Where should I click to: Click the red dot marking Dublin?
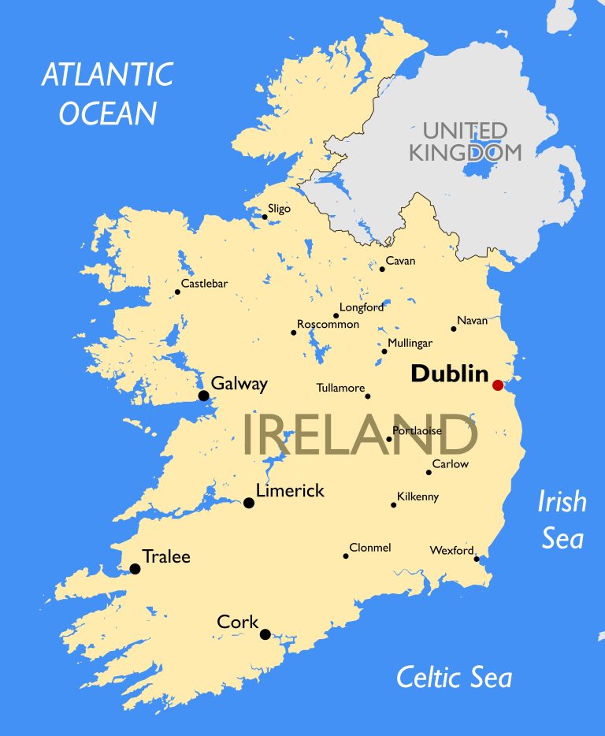[x=497, y=385]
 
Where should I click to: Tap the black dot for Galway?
[x=203, y=396]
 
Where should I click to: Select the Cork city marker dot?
[x=265, y=634]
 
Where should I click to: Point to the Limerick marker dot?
[x=249, y=503]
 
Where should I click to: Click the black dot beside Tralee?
[x=135, y=569]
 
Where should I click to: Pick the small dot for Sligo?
[x=265, y=217]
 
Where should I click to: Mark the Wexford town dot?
[x=477, y=559]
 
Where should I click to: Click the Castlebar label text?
[x=204, y=284]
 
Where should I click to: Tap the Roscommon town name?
[x=328, y=324]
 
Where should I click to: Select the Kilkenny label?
[x=418, y=497]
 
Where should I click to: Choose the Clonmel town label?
[x=370, y=548]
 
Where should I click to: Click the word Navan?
[x=473, y=321]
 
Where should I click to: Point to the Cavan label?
[x=400, y=261]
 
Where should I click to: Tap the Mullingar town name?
[x=410, y=344]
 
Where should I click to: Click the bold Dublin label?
[x=450, y=374]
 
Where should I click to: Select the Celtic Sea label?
[x=454, y=677]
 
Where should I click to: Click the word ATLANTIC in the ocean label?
[x=107, y=75]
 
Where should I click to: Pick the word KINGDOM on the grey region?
[x=465, y=152]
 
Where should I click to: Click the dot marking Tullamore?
[x=367, y=396]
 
